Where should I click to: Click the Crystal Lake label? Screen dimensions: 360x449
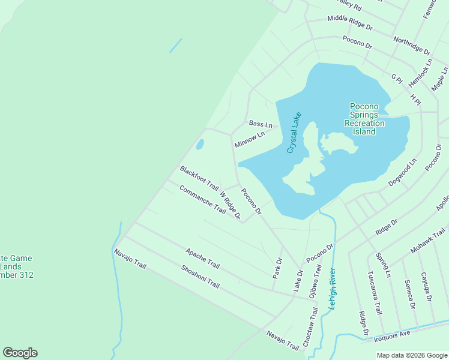click(x=294, y=133)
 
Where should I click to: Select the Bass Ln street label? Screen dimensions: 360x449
click(x=261, y=124)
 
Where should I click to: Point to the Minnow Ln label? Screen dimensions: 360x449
click(x=250, y=140)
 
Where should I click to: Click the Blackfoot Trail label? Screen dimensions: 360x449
click(x=199, y=178)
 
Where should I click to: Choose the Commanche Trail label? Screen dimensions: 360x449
click(x=202, y=199)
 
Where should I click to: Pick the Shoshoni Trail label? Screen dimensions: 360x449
click(x=200, y=275)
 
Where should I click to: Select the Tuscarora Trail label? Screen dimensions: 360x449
click(x=374, y=293)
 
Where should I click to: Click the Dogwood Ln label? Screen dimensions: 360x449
click(x=402, y=173)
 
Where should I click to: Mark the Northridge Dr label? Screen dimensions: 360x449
click(x=412, y=46)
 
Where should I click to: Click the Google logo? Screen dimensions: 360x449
click(x=20, y=353)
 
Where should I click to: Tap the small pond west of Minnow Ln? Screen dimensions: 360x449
click(x=200, y=145)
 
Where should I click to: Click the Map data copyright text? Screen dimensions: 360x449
click(x=412, y=355)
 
